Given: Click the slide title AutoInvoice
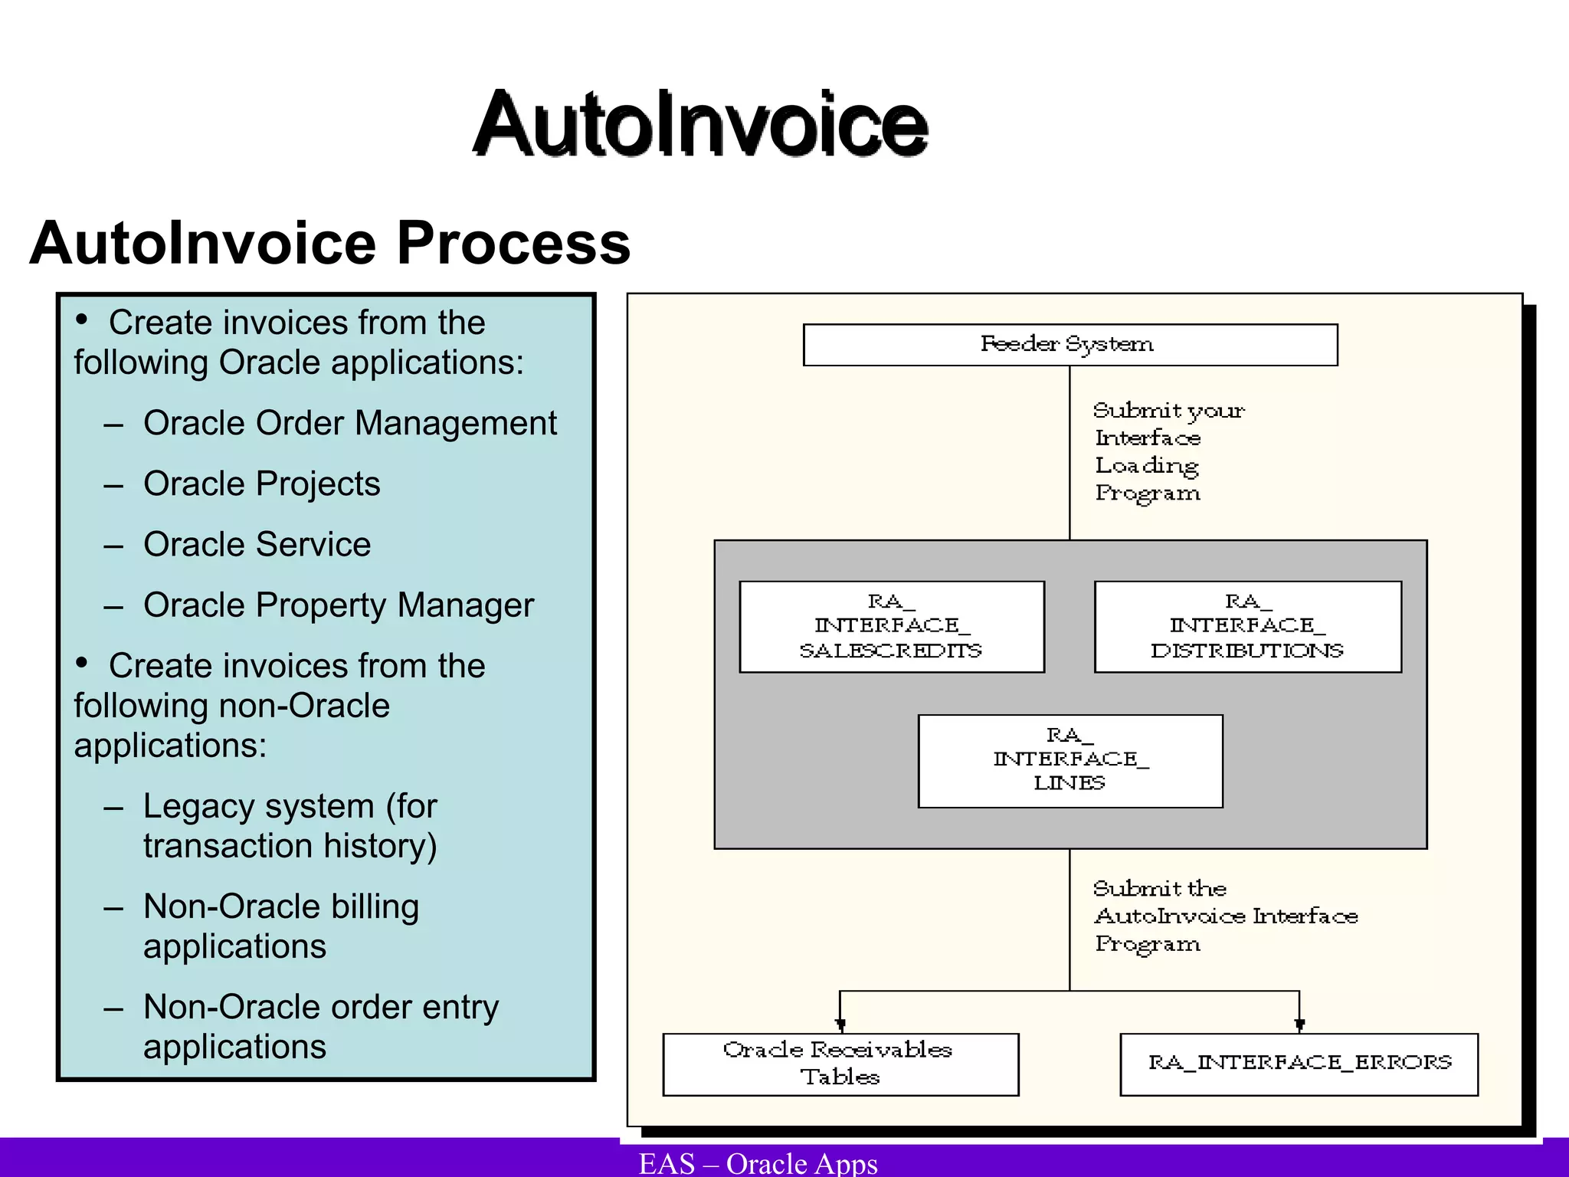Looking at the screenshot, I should (699, 124).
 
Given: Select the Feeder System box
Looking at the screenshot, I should (1069, 345).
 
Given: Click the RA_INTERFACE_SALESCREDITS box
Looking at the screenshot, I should (891, 627).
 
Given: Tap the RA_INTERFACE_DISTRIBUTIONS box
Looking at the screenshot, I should (1247, 627).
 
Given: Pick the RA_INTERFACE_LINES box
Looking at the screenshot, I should (1069, 760).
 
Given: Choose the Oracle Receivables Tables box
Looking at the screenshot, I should (840, 1064).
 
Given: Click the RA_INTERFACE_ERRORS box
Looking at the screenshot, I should (1299, 1064).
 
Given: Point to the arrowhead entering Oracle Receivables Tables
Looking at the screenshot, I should (840, 1025).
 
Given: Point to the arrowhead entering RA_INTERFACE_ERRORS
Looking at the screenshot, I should (1299, 1025).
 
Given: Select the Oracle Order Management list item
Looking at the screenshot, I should (349, 423).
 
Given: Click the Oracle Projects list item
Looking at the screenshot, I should (261, 484).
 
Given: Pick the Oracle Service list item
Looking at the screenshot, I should (257, 544).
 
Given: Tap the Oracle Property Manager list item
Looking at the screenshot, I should (338, 605).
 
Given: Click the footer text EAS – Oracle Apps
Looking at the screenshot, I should (758, 1162).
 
